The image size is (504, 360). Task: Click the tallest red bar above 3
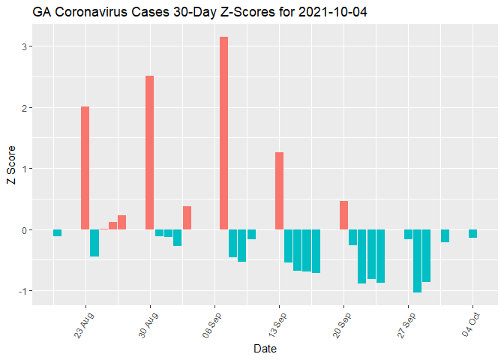(x=223, y=133)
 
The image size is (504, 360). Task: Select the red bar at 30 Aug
(x=150, y=152)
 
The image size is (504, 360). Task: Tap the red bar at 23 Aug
(x=85, y=168)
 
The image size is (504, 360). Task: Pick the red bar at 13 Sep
(x=279, y=190)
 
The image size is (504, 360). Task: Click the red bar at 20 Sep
(x=343, y=215)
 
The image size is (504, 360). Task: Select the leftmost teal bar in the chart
(x=57, y=232)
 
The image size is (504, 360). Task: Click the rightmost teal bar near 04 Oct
(x=472, y=233)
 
